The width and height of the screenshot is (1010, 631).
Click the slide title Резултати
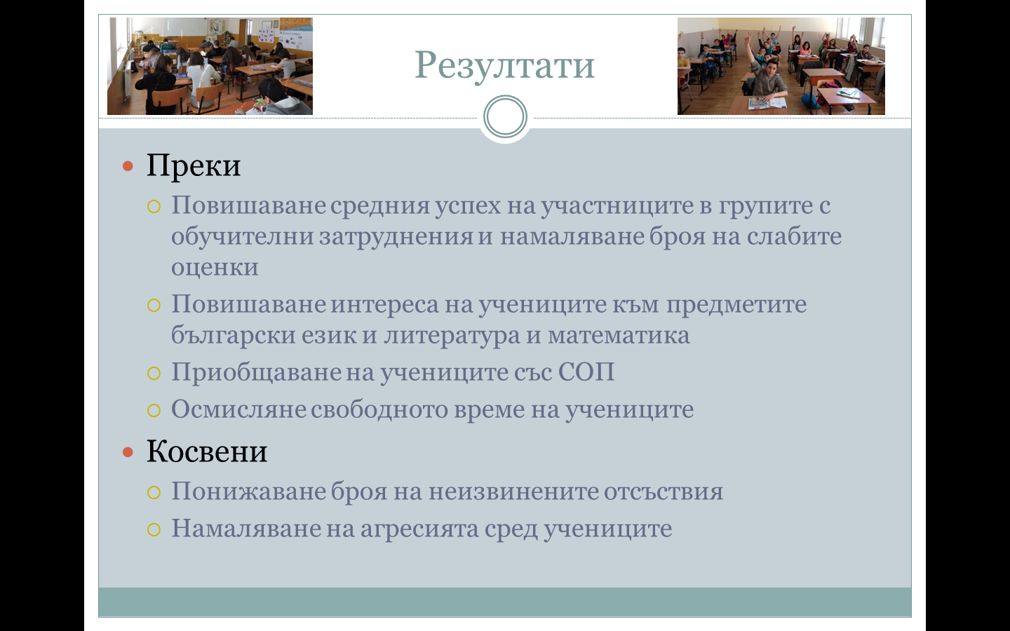coord(504,66)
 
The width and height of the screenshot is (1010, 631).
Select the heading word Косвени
coord(207,452)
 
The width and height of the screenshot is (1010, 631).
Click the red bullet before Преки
coord(128,166)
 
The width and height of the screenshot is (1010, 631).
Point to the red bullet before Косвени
coord(128,452)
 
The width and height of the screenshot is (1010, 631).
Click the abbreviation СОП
coord(586,372)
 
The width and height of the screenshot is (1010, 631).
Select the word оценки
coord(215,267)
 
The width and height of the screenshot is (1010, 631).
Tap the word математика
coord(619,336)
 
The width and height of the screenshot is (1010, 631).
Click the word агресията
coord(419,529)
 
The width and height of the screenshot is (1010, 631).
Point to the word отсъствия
coord(664,491)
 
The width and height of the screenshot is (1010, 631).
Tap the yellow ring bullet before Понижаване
coord(154,493)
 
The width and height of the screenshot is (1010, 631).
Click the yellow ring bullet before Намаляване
coord(154,529)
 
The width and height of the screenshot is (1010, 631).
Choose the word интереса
coord(384,305)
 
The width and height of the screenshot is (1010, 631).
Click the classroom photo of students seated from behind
coord(210,66)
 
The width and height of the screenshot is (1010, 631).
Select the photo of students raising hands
coord(781,66)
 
